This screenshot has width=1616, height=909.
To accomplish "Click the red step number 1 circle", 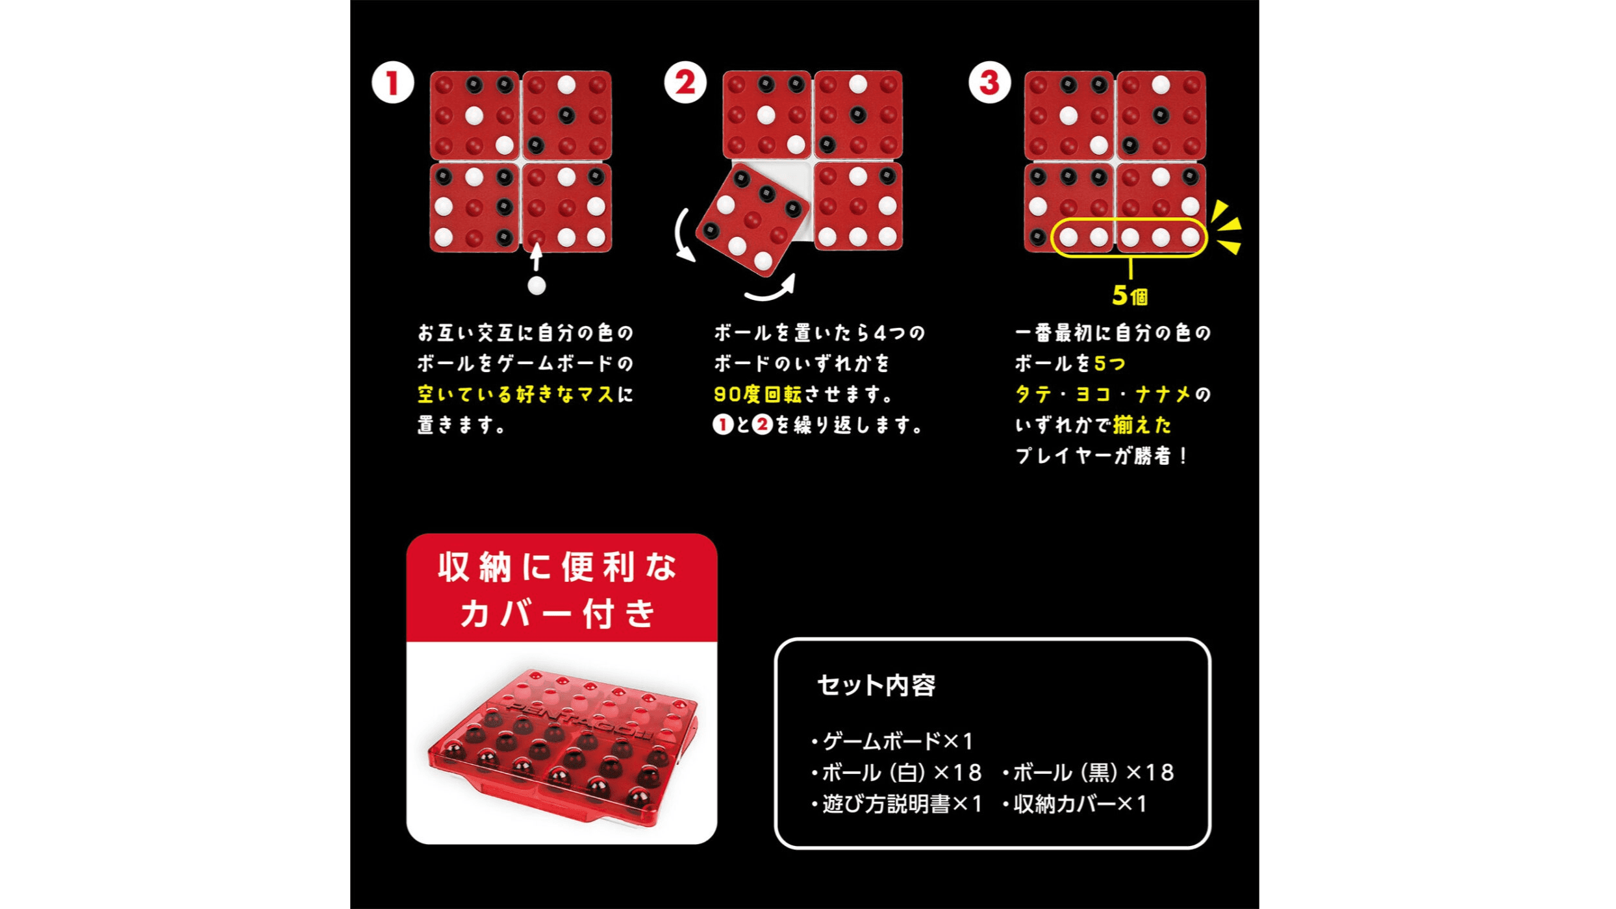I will pyautogui.click(x=392, y=83).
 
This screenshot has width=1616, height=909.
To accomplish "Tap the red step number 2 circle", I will pyautogui.click(x=685, y=82).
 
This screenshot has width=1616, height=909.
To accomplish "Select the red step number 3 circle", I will pyautogui.click(x=989, y=82).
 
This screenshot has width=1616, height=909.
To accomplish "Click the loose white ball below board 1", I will pyautogui.click(x=537, y=286).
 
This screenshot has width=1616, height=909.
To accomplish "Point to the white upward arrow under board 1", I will pyautogui.click(x=536, y=256).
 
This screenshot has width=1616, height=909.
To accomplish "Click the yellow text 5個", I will pyautogui.click(x=1130, y=296).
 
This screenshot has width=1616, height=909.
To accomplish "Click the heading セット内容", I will pyautogui.click(x=876, y=686).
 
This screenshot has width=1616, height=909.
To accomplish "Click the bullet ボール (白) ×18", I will pyautogui.click(x=897, y=773).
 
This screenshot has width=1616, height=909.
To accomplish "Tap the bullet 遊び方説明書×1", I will pyautogui.click(x=898, y=804).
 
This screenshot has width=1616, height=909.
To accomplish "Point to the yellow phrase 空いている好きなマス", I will pyautogui.click(x=516, y=394).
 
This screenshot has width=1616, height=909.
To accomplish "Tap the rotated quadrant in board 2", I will pyautogui.click(x=752, y=219).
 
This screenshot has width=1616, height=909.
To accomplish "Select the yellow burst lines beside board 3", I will pyautogui.click(x=1226, y=227).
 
